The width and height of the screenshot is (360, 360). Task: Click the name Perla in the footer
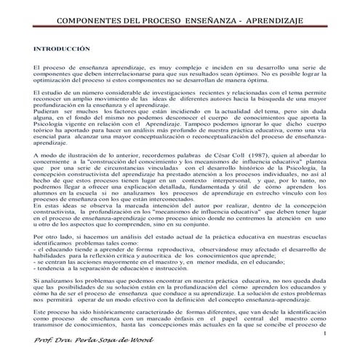(89, 344)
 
